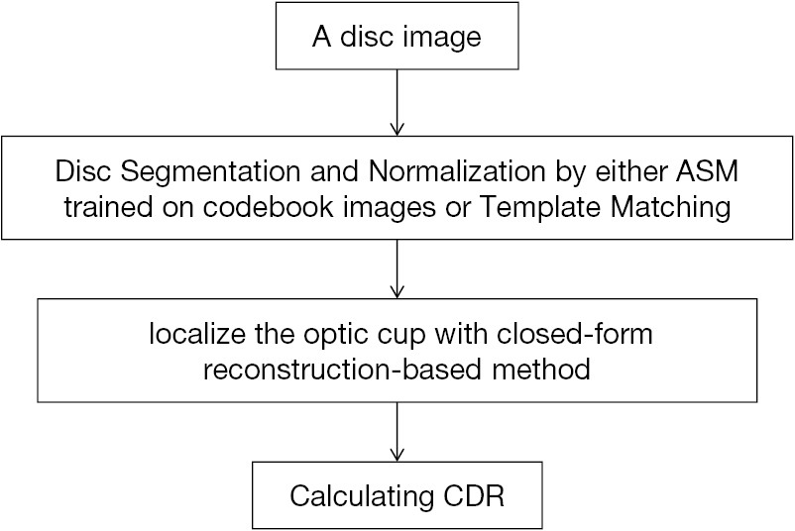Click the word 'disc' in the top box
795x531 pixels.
coord(363,38)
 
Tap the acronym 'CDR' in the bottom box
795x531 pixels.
coord(473,495)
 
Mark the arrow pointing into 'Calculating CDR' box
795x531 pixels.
coord(397,432)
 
